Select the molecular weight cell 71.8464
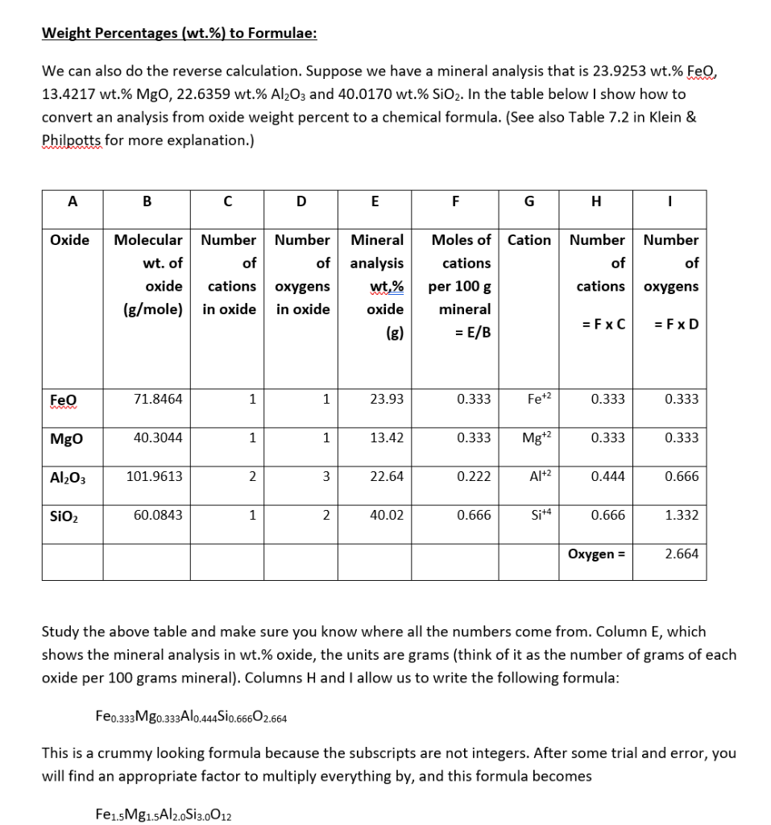click(160, 399)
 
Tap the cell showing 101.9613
click(155, 476)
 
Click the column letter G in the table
click(528, 202)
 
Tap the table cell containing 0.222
click(473, 476)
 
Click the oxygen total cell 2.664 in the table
click(682, 553)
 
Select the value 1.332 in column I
click(682, 515)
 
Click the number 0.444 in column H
click(607, 476)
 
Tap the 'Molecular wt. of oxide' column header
click(148, 274)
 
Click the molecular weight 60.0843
click(160, 515)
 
